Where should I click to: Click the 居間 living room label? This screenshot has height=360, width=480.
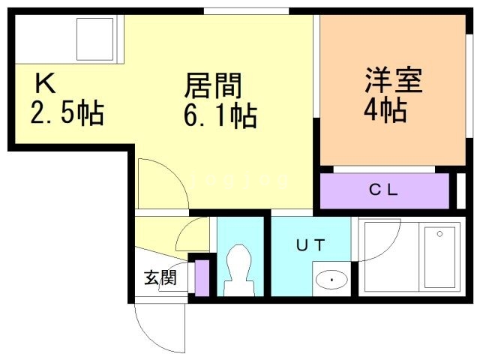pyautogui.click(x=213, y=85)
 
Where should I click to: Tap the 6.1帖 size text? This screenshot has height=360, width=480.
pyautogui.click(x=220, y=115)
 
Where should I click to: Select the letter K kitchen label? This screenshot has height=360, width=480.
pyautogui.click(x=46, y=82)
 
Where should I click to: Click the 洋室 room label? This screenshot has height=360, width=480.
pyautogui.click(x=393, y=79)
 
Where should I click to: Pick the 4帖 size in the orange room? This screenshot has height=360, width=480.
pyautogui.click(x=385, y=109)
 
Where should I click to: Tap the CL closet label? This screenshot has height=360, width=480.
pyautogui.click(x=383, y=190)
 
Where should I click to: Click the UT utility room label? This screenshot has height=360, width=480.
pyautogui.click(x=310, y=245)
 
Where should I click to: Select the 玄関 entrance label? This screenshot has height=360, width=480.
pyautogui.click(x=160, y=277)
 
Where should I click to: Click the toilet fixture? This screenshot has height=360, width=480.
pyautogui.click(x=239, y=270)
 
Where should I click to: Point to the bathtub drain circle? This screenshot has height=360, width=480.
pyautogui.click(x=439, y=234)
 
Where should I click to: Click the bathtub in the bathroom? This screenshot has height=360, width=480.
pyautogui.click(x=439, y=257)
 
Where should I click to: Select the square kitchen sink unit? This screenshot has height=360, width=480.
pyautogui.click(x=95, y=39)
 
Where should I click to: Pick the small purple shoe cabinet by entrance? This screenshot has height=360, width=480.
pyautogui.click(x=202, y=278)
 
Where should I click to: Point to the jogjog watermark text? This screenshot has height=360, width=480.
pyautogui.click(x=238, y=181)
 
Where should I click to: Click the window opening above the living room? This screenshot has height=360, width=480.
pyautogui.click(x=246, y=11)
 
